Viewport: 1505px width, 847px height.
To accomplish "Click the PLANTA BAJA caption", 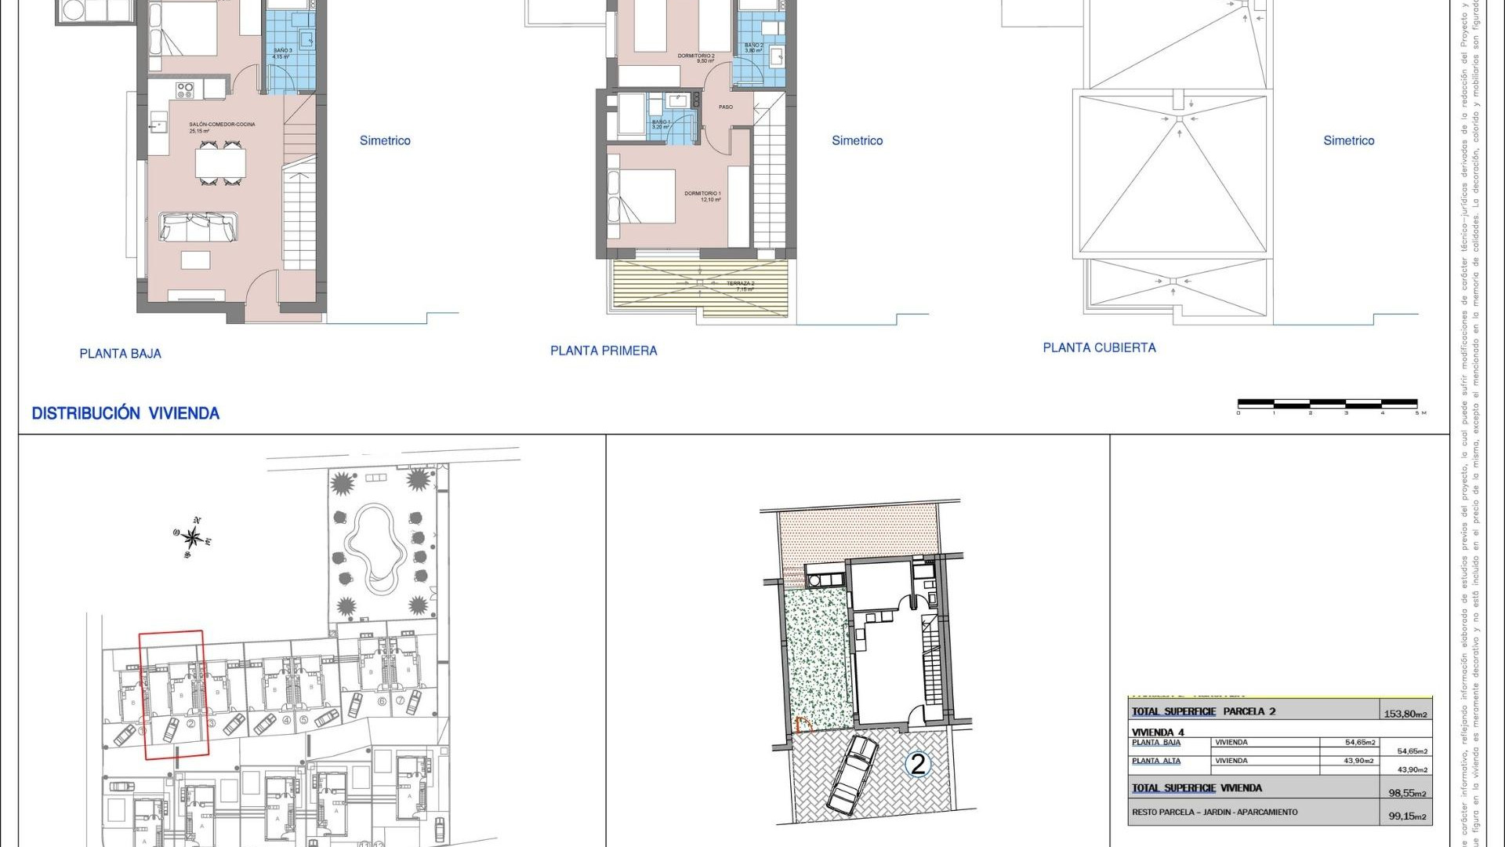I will coord(120,354).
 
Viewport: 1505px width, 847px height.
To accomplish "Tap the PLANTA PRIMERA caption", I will coord(604,351).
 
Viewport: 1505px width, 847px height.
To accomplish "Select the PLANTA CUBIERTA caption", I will coord(1099,347).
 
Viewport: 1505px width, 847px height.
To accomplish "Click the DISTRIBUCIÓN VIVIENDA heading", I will coord(125,413).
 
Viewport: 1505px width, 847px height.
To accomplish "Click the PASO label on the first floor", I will coord(726,107).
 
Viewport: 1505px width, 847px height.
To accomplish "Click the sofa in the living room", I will coord(198,227).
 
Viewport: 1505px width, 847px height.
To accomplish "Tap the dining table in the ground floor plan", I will coord(220,163).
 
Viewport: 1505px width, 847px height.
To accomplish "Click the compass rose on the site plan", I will coord(192,537).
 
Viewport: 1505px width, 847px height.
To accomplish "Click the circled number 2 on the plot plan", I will coord(918,763).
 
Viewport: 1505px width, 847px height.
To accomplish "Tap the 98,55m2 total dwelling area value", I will coord(1408,793).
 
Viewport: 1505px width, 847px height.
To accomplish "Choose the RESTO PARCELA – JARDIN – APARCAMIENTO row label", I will coord(1214,812).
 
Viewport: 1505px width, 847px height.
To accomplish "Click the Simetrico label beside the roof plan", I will coord(1348,140).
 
